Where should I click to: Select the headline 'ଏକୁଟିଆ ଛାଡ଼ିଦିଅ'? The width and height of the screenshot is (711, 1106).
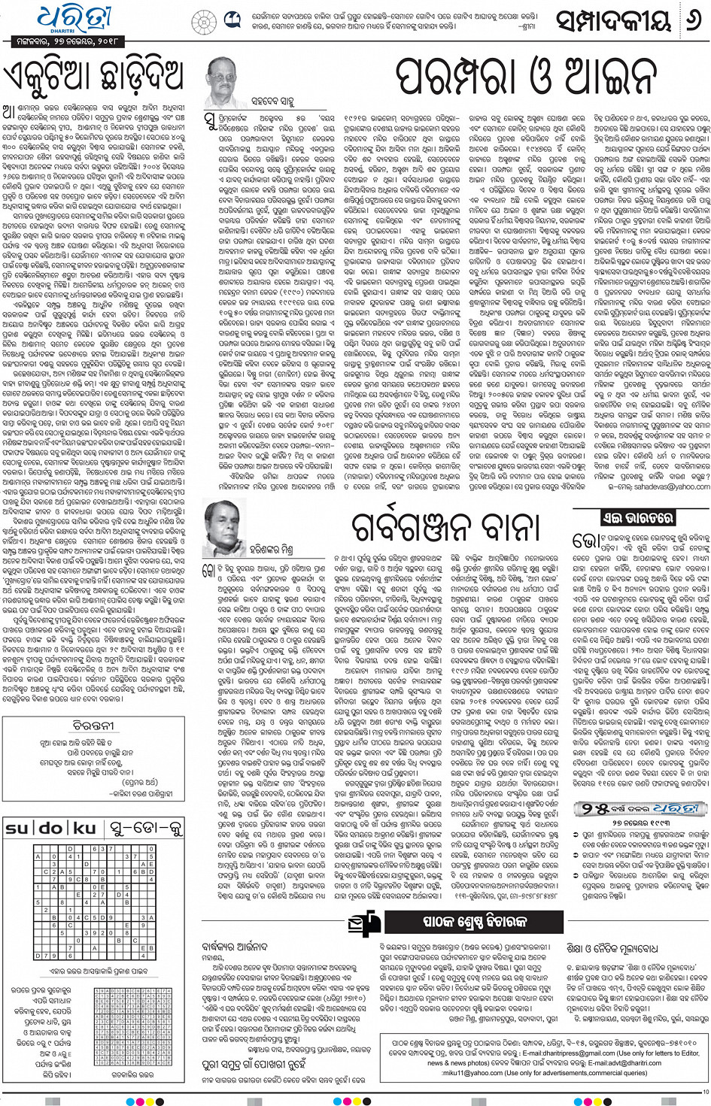[94, 76]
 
